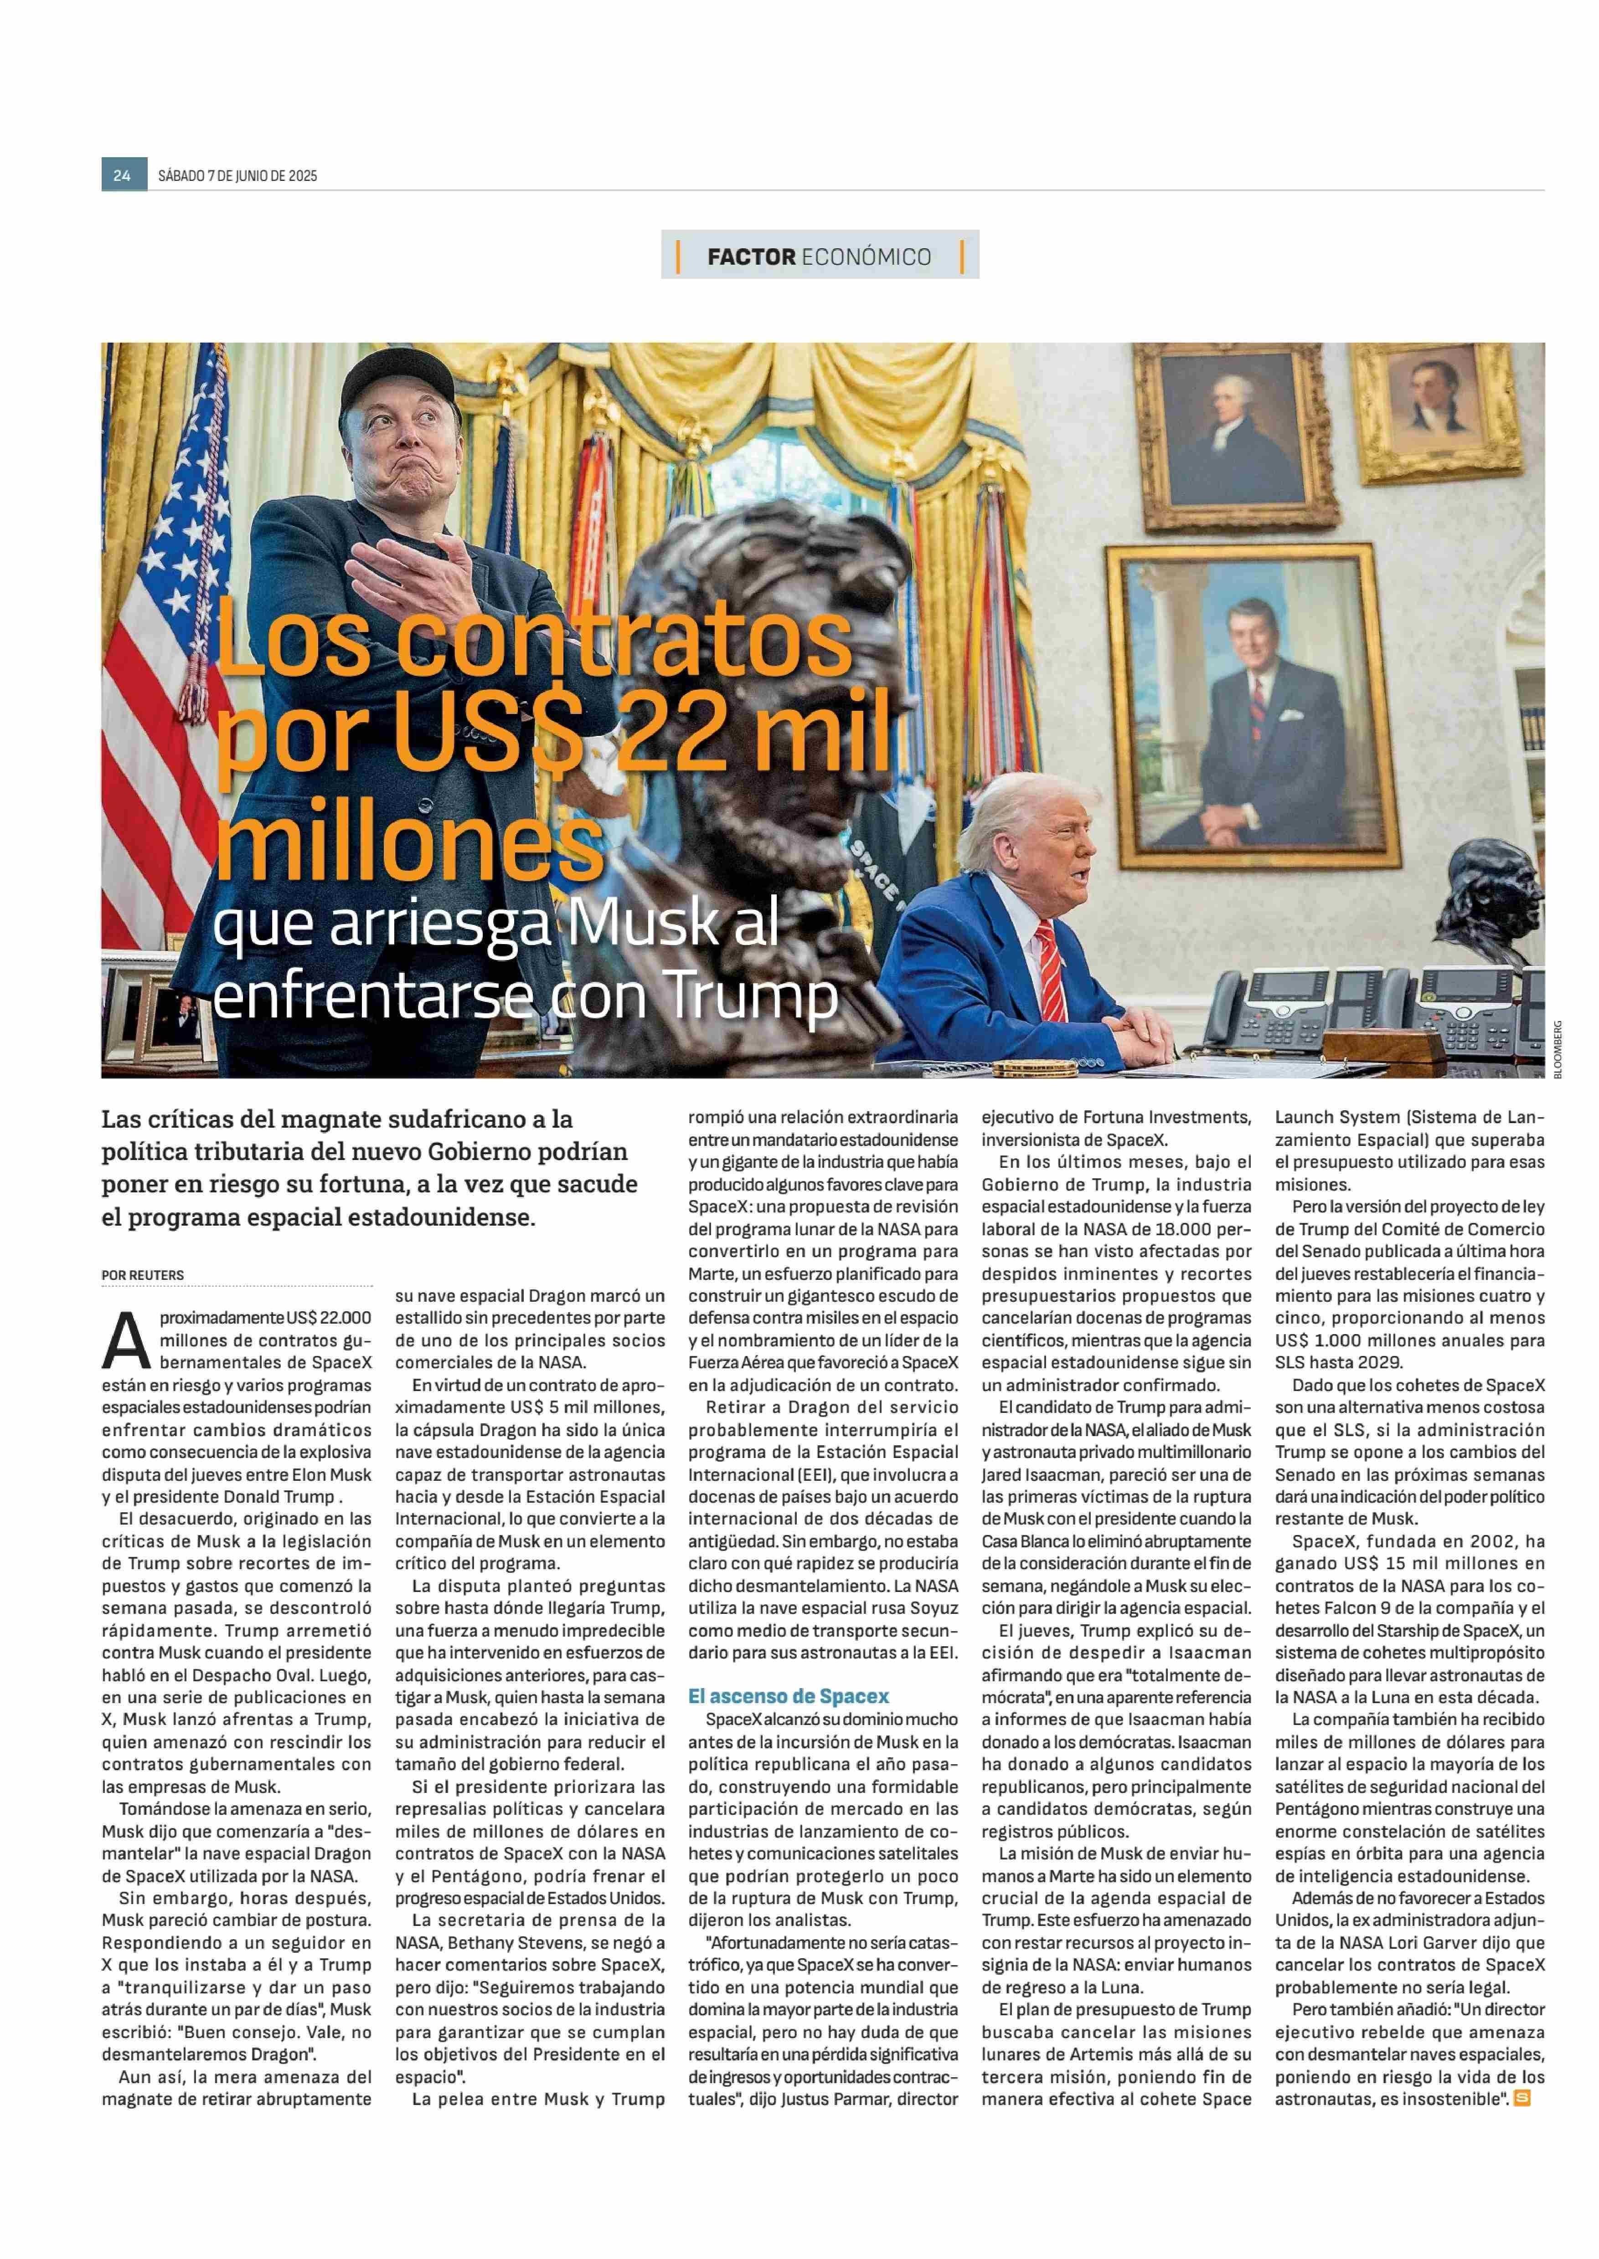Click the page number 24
pyautogui.click(x=122, y=175)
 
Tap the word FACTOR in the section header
pyautogui.click(x=750, y=257)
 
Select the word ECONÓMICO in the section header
pyautogui.click(x=867, y=257)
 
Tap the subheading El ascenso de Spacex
pyautogui.click(x=788, y=1696)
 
